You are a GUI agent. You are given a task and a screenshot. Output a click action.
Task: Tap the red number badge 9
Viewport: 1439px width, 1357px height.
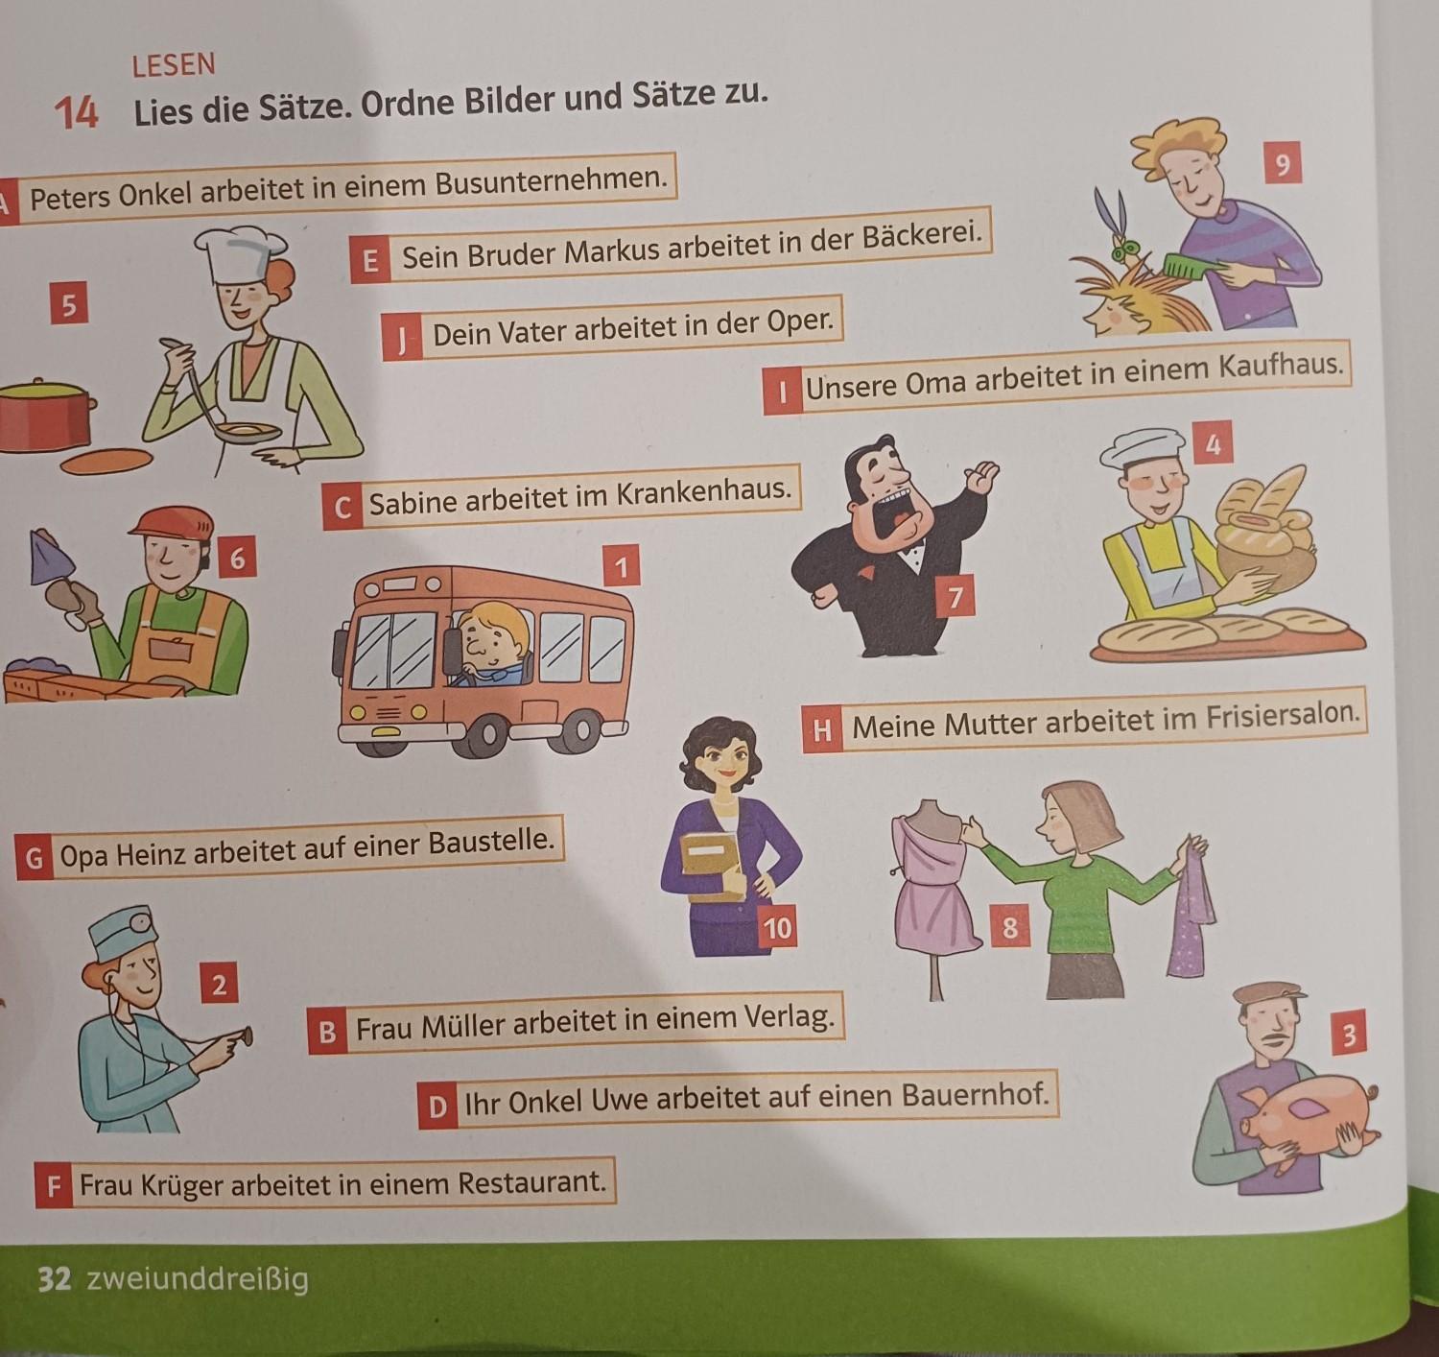1282,164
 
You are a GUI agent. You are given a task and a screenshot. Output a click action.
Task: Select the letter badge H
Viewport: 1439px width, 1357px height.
822,731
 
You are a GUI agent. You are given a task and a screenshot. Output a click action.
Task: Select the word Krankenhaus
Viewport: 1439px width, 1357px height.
703,492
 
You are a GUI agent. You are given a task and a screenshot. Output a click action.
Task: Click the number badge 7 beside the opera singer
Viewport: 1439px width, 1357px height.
955,596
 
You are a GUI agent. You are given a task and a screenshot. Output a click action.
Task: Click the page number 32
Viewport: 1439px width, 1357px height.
55,1280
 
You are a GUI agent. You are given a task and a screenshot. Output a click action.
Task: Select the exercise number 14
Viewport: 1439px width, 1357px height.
76,113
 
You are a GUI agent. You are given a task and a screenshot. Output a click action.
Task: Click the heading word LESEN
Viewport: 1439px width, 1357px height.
174,65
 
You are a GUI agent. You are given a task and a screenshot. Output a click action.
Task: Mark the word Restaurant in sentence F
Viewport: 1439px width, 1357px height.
531,1182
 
